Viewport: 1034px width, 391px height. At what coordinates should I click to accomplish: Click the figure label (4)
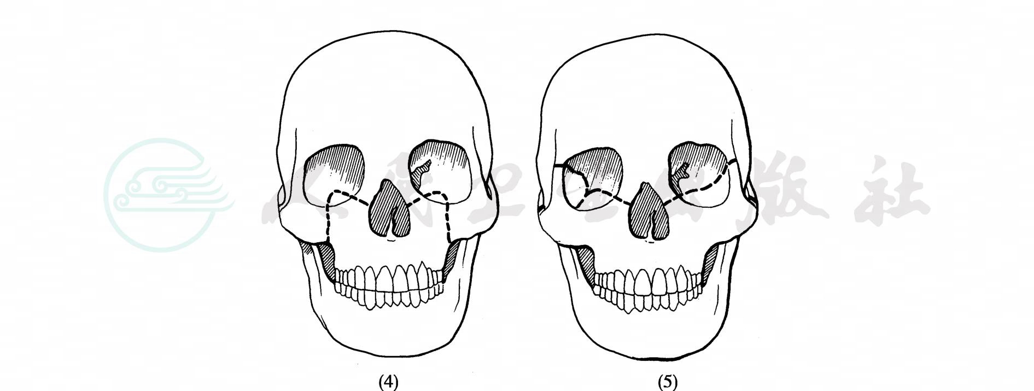click(x=389, y=382)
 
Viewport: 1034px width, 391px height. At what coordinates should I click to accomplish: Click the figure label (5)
click(x=668, y=382)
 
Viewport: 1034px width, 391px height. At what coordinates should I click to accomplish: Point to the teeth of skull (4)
click(x=389, y=284)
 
